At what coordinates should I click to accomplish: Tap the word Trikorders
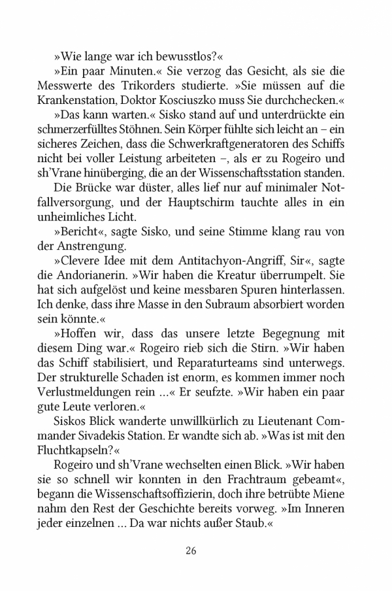pos(163,86)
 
